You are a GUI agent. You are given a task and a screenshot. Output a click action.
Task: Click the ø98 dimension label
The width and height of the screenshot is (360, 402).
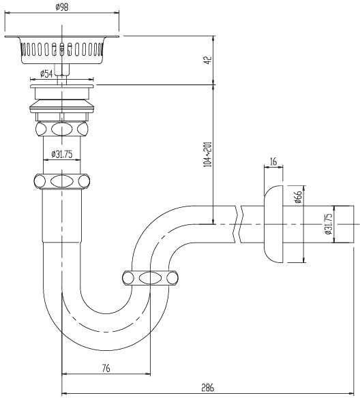pyautogui.click(x=62, y=7)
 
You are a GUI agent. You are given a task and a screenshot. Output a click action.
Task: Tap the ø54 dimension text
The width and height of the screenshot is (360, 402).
pyautogui.click(x=46, y=74)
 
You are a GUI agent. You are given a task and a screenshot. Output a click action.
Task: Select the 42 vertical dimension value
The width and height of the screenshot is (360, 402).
pyautogui.click(x=209, y=60)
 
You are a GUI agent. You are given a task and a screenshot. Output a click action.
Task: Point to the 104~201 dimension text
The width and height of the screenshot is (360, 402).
pyautogui.click(x=207, y=154)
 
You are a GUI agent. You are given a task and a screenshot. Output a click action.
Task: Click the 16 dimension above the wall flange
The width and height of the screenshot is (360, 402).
pyautogui.click(x=273, y=161)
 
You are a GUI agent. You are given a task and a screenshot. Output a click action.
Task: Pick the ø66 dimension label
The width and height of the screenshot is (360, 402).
pyautogui.click(x=299, y=197)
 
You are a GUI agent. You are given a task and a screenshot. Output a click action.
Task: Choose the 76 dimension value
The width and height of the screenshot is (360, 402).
pyautogui.click(x=106, y=368)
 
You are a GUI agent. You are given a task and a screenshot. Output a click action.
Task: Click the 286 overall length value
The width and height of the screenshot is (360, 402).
pyautogui.click(x=207, y=388)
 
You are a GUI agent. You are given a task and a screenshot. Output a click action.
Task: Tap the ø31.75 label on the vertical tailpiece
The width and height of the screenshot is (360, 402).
pyautogui.click(x=62, y=154)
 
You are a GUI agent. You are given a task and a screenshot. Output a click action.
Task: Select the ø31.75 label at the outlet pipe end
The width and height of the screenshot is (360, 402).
pyautogui.click(x=328, y=224)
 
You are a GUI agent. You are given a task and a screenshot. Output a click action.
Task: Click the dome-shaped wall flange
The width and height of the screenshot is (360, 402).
pyautogui.click(x=273, y=224)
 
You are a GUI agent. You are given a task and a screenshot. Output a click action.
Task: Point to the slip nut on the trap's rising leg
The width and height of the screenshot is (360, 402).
pyautogui.click(x=151, y=278)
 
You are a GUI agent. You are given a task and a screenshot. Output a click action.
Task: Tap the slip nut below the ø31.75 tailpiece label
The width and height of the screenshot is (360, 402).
pyautogui.click(x=62, y=181)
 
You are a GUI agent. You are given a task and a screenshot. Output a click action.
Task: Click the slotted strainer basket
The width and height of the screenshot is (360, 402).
pyautogui.click(x=62, y=50)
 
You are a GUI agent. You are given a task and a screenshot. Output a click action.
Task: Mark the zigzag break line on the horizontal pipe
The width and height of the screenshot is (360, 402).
pyautogui.click(x=238, y=224)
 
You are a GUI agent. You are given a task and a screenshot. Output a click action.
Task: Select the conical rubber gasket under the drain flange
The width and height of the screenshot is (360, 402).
pyautogui.click(x=62, y=107)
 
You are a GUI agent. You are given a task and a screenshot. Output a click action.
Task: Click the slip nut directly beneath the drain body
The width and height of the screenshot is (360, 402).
pyautogui.click(x=62, y=129)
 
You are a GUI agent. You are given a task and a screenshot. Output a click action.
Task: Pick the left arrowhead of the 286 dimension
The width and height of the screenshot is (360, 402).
pyautogui.click(x=65, y=393)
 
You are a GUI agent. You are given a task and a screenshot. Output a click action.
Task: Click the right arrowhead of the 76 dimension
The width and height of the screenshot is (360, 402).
pyautogui.click(x=147, y=374)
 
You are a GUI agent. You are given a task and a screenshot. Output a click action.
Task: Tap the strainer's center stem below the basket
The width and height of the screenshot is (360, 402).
pyautogui.click(x=62, y=74)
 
